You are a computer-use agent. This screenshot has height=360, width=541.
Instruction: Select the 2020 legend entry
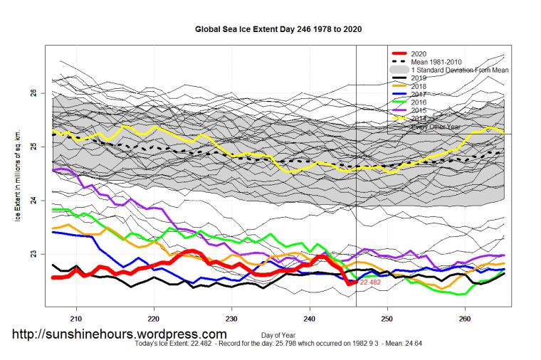(x=421, y=54)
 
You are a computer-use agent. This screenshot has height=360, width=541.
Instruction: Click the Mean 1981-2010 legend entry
(x=442, y=62)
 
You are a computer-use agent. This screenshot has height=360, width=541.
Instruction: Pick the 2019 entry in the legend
(x=421, y=78)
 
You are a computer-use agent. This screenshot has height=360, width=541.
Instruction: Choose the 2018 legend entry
(x=421, y=86)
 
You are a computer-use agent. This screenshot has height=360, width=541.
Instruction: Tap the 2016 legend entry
(x=421, y=102)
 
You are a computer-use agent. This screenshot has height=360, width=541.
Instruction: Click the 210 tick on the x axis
(x=77, y=318)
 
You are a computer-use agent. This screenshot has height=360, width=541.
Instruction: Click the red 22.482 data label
(x=370, y=283)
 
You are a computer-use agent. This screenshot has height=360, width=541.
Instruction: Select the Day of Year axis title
(x=275, y=334)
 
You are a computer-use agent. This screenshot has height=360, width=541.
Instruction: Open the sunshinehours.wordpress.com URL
(x=120, y=334)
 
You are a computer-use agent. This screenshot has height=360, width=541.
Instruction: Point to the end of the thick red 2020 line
(x=355, y=282)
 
